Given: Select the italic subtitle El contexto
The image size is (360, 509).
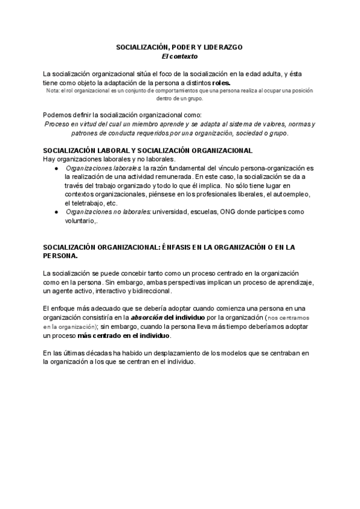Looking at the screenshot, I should [179, 56].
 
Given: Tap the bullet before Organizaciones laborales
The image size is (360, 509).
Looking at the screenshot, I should [56, 169].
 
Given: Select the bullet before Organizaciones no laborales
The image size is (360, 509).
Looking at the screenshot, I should [56, 212].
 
